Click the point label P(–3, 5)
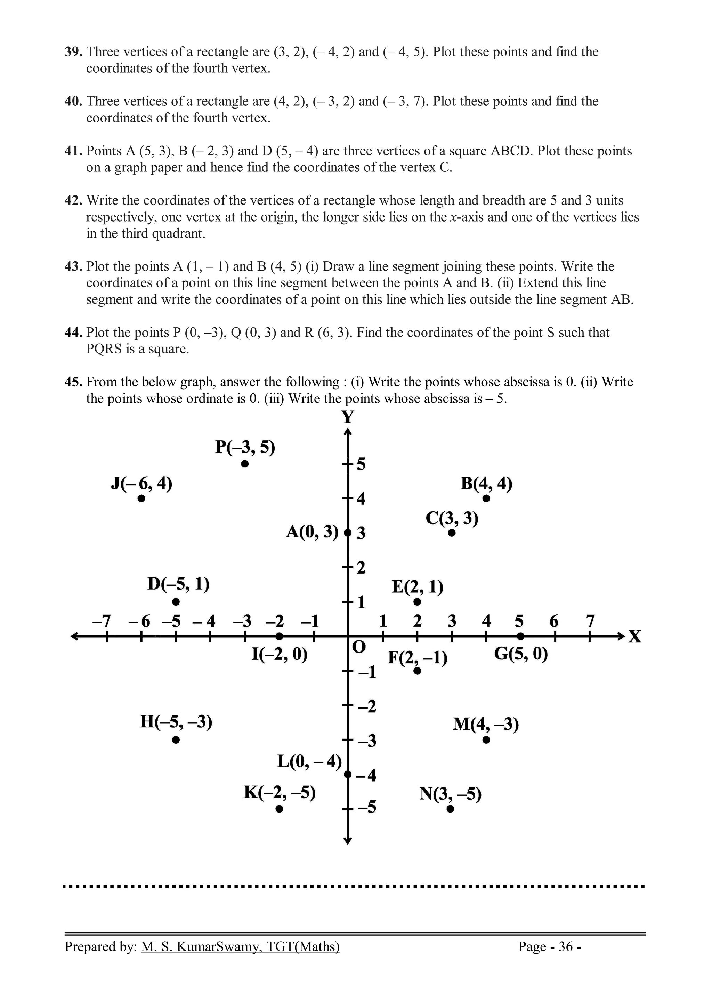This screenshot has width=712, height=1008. (x=245, y=447)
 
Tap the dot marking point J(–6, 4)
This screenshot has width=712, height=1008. (x=141, y=498)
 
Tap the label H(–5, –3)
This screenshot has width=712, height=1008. (x=176, y=722)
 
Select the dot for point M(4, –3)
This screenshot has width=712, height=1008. (x=486, y=740)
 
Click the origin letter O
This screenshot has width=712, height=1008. (x=359, y=647)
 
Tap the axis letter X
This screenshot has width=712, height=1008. (x=635, y=637)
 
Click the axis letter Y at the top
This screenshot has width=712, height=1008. (x=347, y=417)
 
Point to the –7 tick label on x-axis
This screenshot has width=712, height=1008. (x=102, y=621)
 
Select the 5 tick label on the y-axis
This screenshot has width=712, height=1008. (x=361, y=464)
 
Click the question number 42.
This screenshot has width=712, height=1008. (x=74, y=201)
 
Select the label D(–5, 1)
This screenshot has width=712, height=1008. (x=178, y=584)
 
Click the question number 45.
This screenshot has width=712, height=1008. (x=74, y=382)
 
